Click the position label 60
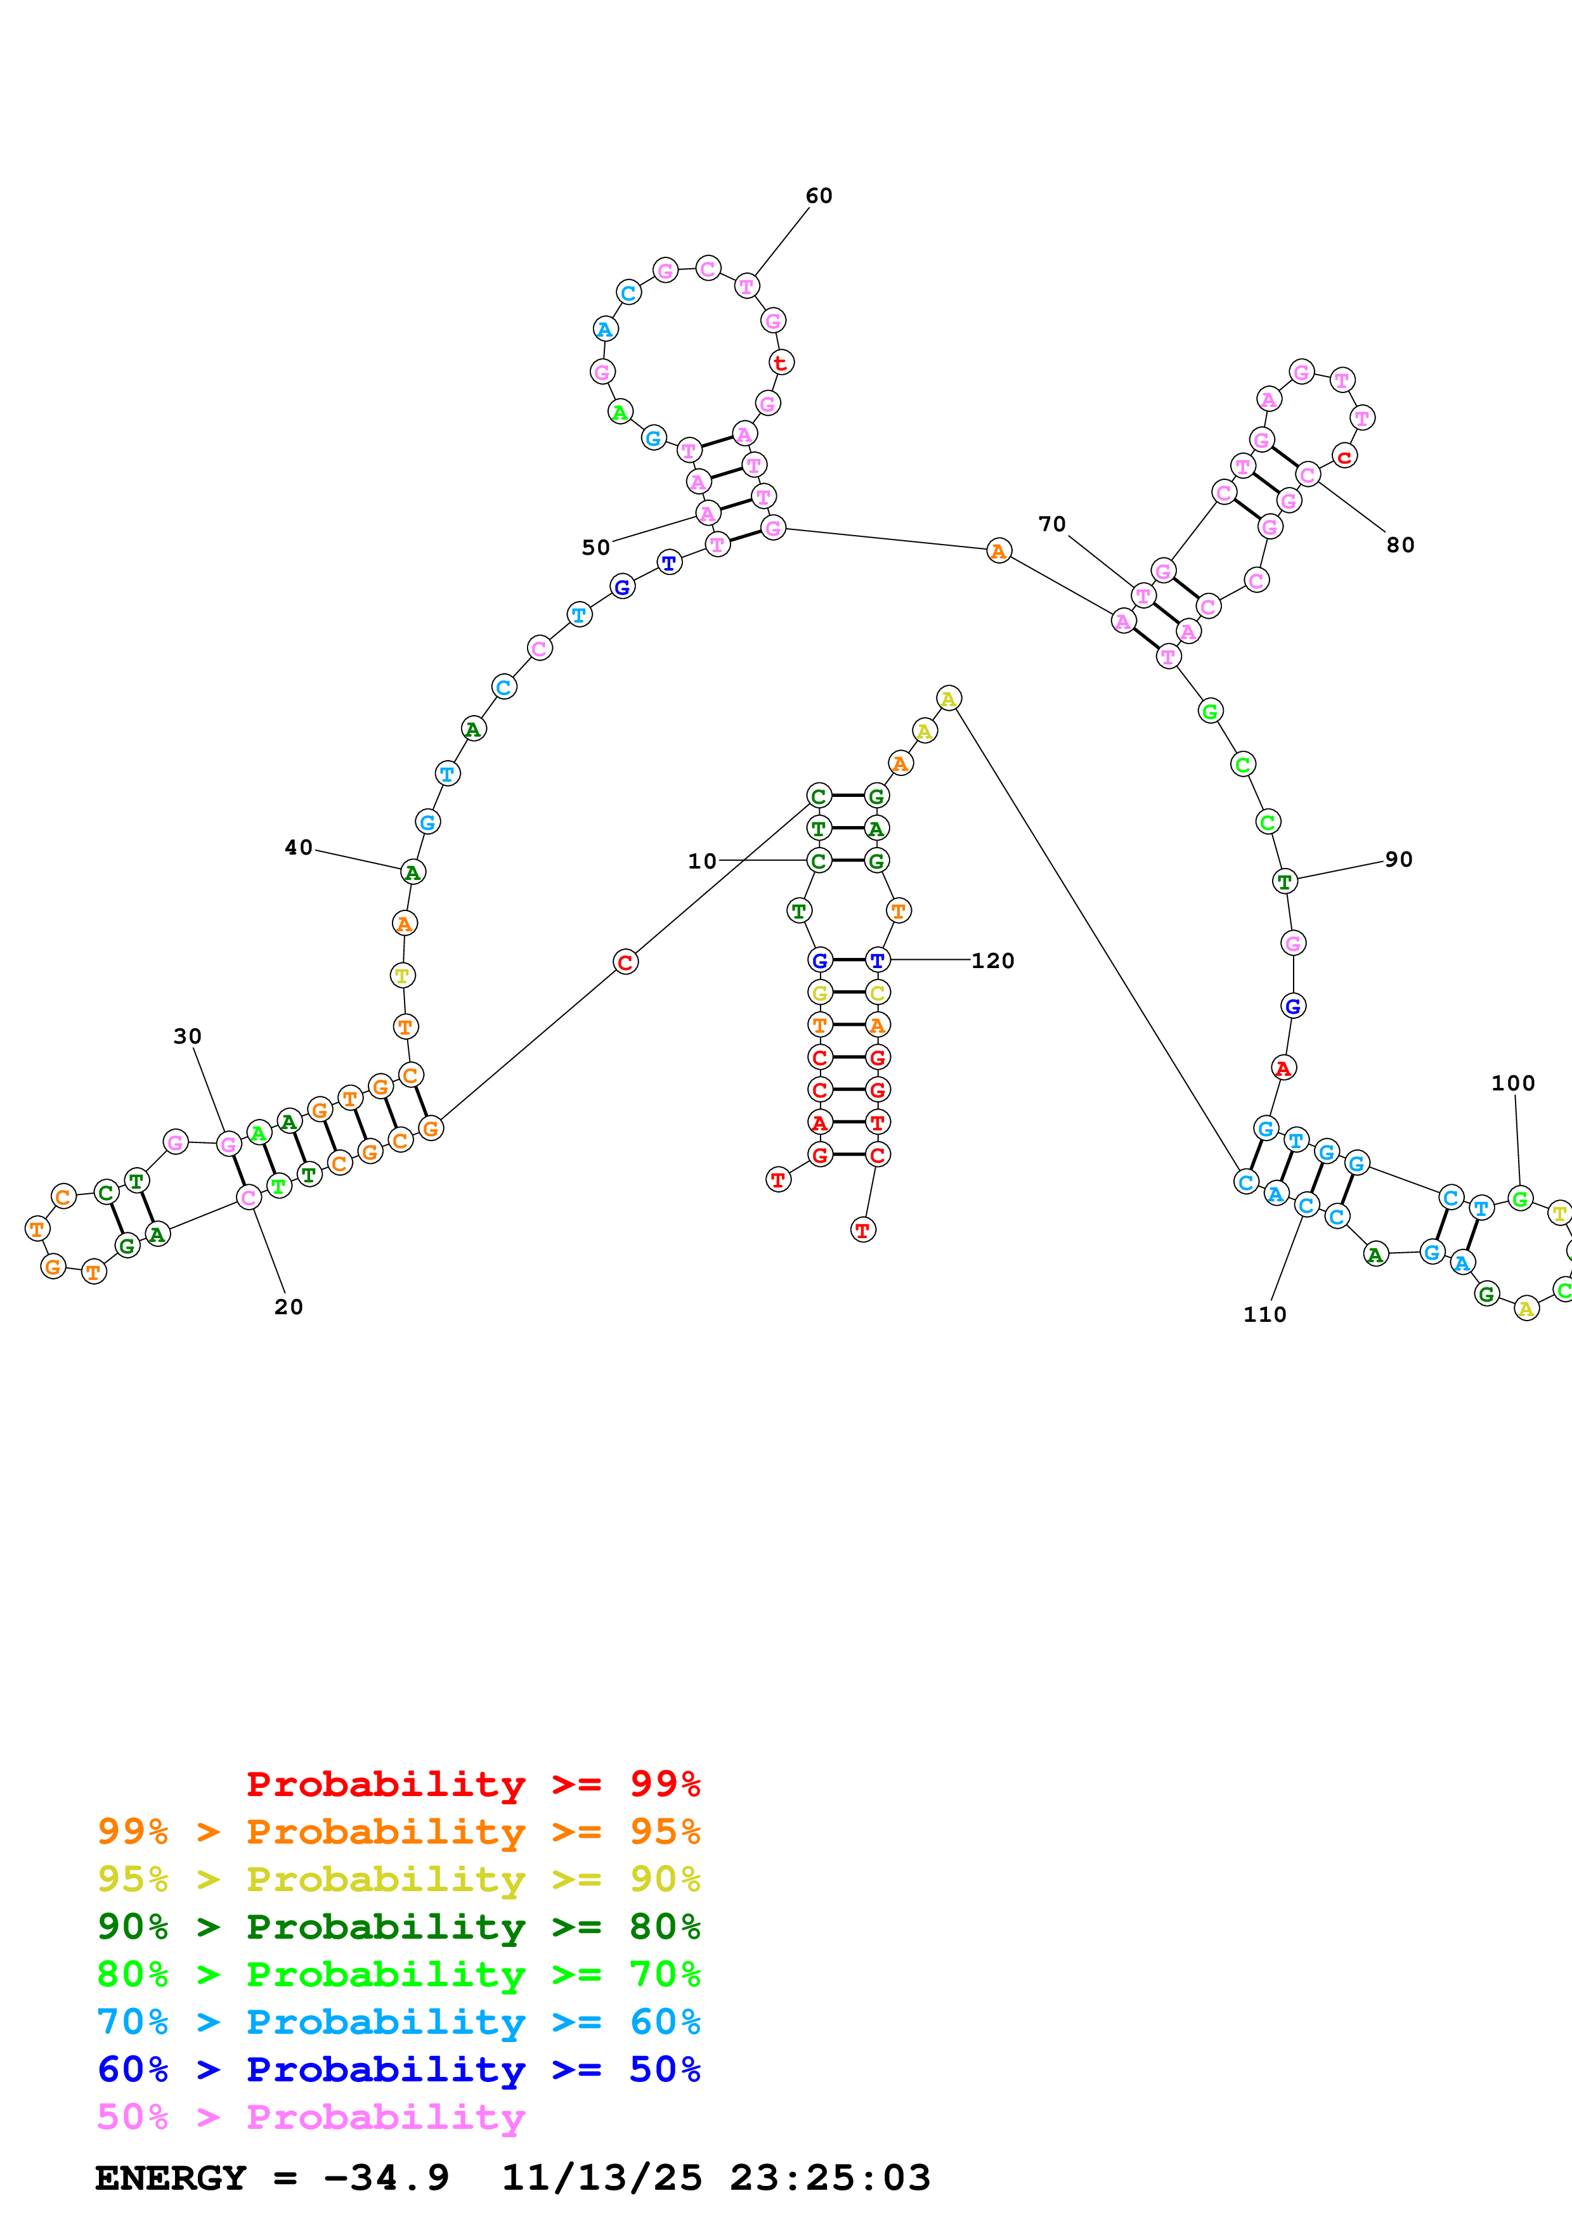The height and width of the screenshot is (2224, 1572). tap(819, 196)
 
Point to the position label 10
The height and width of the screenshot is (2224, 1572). tap(702, 861)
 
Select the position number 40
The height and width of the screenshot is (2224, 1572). tap(298, 848)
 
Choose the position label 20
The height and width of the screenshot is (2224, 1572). tap(289, 1307)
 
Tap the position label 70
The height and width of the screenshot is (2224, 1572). tap(1052, 524)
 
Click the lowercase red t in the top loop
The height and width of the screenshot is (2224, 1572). tap(781, 362)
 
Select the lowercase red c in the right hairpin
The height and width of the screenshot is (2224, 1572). tap(1344, 456)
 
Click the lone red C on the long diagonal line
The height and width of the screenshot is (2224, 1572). tap(626, 963)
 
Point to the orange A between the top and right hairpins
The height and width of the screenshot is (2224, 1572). tap(999, 551)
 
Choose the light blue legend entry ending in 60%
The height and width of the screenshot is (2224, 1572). tap(398, 2022)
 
